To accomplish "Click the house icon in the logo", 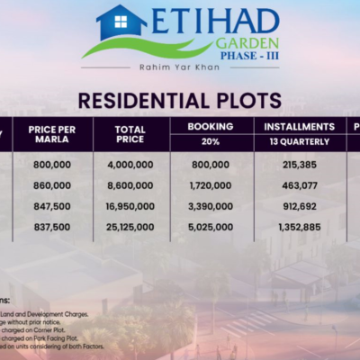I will tap(121, 22).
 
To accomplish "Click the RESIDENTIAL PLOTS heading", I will tap(180, 100).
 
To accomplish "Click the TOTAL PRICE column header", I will tap(130, 135).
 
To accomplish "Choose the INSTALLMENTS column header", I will tap(300, 127).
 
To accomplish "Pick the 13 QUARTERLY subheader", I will tap(300, 142).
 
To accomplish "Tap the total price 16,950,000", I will tap(130, 205).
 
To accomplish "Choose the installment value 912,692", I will tap(300, 205).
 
